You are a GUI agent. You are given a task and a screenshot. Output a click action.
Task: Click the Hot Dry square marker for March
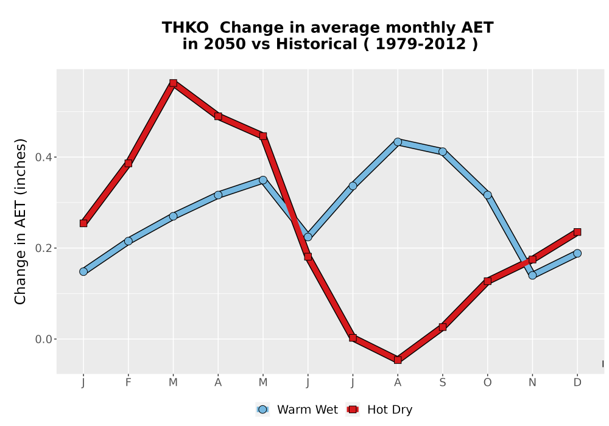coord(173,83)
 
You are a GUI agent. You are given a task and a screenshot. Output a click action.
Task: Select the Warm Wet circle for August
coord(397,142)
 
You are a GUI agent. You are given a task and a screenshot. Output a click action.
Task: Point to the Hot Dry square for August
coord(397,360)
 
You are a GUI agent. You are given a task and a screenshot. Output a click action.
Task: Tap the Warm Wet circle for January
coord(83,271)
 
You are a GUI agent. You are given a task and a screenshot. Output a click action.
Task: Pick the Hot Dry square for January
coord(83,223)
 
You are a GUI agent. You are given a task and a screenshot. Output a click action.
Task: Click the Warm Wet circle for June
coord(308,237)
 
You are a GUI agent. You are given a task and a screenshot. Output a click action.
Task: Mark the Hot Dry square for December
coord(577,232)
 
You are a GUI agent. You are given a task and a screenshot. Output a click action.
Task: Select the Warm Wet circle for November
coord(532,275)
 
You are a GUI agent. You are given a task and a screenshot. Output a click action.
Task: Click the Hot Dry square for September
coord(442,327)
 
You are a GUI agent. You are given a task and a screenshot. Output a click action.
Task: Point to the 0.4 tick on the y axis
coord(55,157)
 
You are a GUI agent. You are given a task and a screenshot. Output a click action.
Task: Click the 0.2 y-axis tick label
coord(43,248)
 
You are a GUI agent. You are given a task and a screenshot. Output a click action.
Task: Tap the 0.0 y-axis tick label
coord(43,340)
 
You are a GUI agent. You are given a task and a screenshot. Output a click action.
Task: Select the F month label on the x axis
coord(128,383)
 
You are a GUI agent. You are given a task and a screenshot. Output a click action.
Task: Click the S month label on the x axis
coord(442,383)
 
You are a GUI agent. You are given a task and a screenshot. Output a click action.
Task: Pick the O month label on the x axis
coord(487,383)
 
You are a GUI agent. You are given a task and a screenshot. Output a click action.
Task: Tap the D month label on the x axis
coord(577,383)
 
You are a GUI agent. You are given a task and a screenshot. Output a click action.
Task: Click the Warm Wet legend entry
coord(297,410)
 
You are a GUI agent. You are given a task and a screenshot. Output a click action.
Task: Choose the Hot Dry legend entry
coord(379,410)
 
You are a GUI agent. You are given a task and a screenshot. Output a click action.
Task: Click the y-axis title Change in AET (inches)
coord(20,222)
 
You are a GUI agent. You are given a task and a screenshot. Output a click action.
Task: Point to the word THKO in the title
coord(185,28)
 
